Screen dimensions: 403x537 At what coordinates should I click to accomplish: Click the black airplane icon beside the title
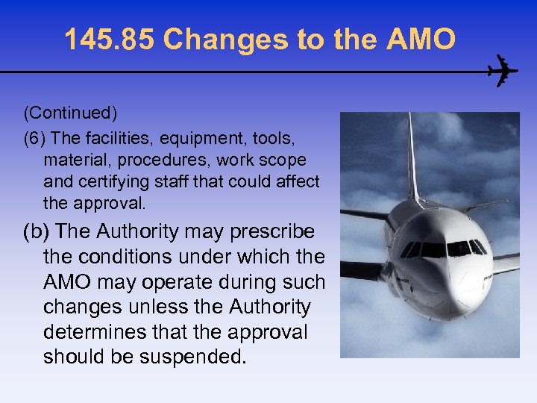coord(502,72)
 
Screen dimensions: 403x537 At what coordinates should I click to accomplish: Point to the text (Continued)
coord(70,113)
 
